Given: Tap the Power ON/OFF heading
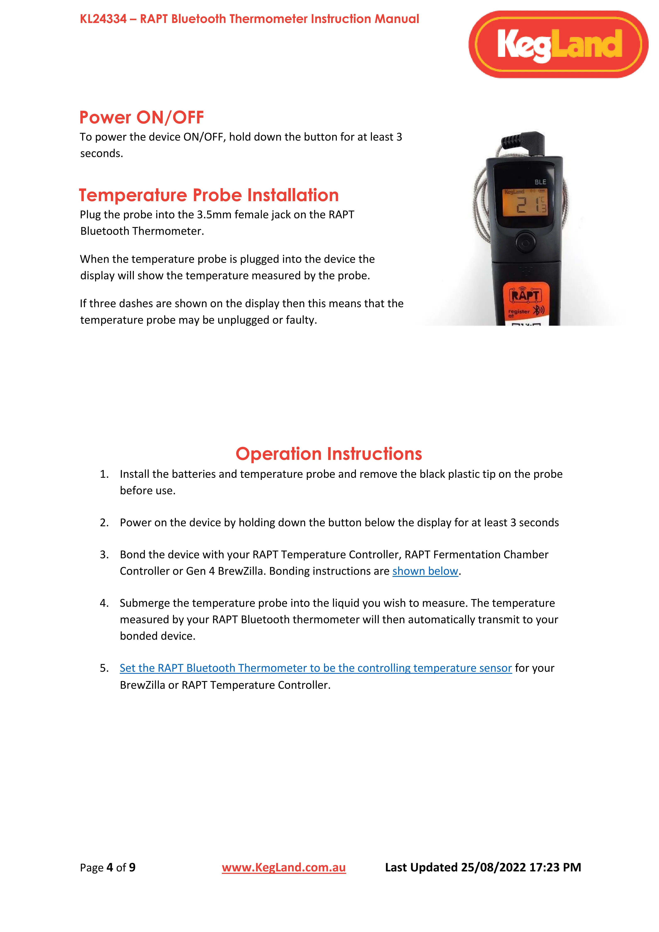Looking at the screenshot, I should [x=142, y=118].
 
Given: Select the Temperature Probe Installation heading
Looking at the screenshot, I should [x=209, y=195].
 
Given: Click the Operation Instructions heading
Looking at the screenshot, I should [x=329, y=454].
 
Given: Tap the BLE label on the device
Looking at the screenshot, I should [x=540, y=182].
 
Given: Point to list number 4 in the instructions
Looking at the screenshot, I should [x=104, y=603].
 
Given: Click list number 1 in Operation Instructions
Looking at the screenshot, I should [x=104, y=474].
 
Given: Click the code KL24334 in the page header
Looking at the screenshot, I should [x=103, y=19].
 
